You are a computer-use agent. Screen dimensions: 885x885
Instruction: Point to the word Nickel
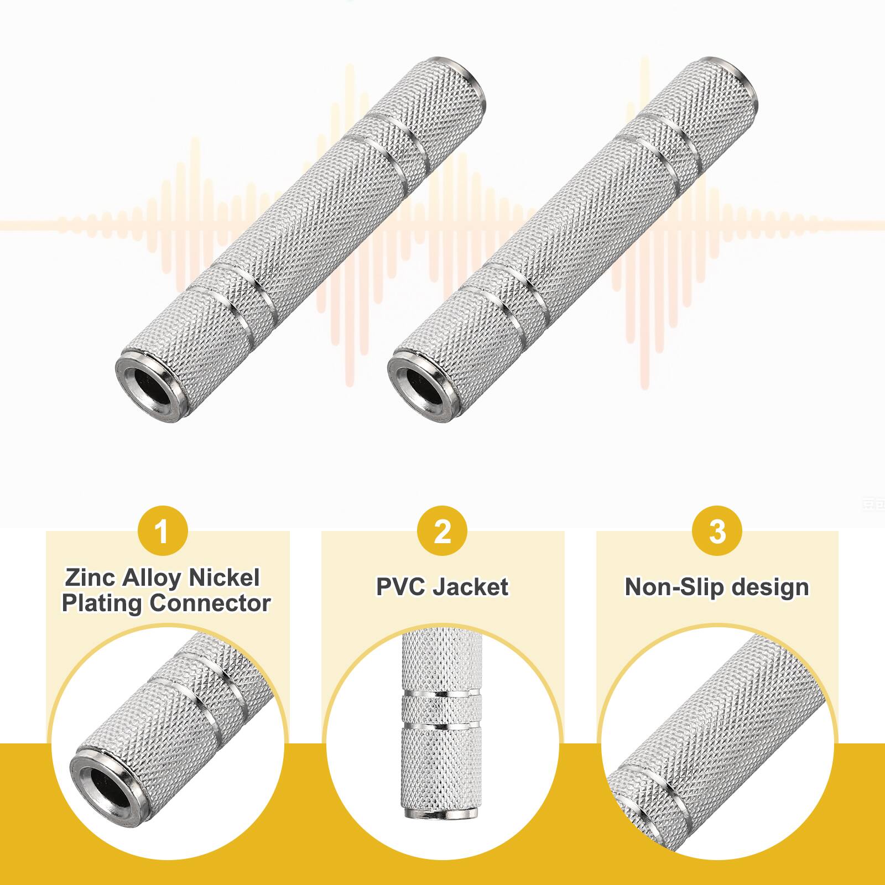coord(225,578)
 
